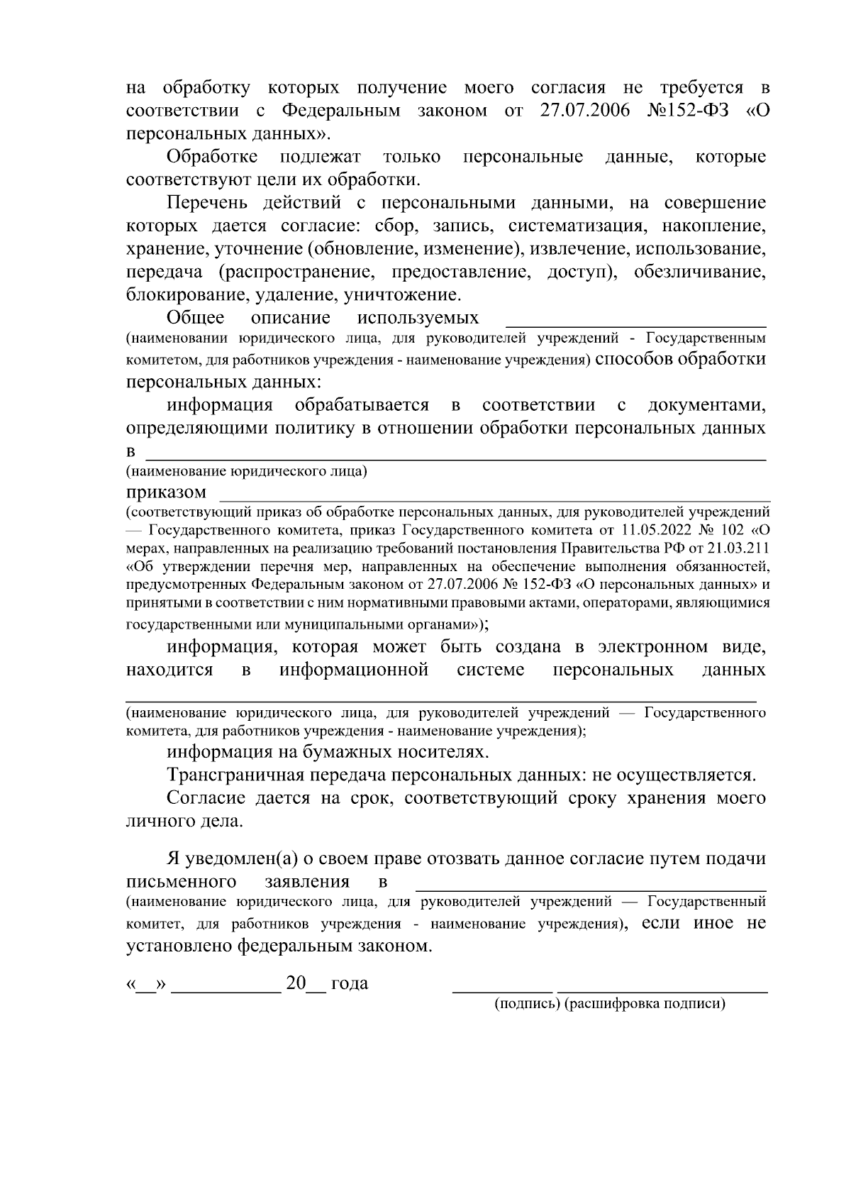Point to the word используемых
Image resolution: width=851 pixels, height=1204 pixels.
(x=418, y=317)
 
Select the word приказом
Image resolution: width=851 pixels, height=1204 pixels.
(x=167, y=492)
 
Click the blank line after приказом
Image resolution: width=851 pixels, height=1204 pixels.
(x=494, y=497)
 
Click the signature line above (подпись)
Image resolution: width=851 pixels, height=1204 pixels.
(x=501, y=988)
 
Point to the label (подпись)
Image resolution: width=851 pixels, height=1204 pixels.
(x=528, y=1004)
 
